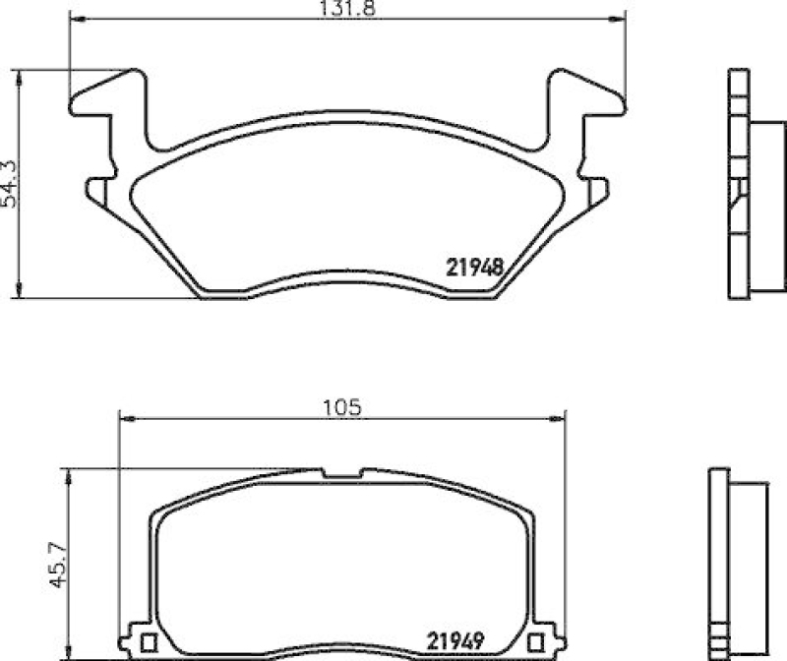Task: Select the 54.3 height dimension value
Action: coord(10,183)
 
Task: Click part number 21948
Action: coord(476,266)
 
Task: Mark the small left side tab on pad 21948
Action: coord(97,190)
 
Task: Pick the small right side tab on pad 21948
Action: coord(596,190)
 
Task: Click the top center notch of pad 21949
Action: coord(341,476)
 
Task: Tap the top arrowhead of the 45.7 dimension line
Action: coord(68,476)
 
